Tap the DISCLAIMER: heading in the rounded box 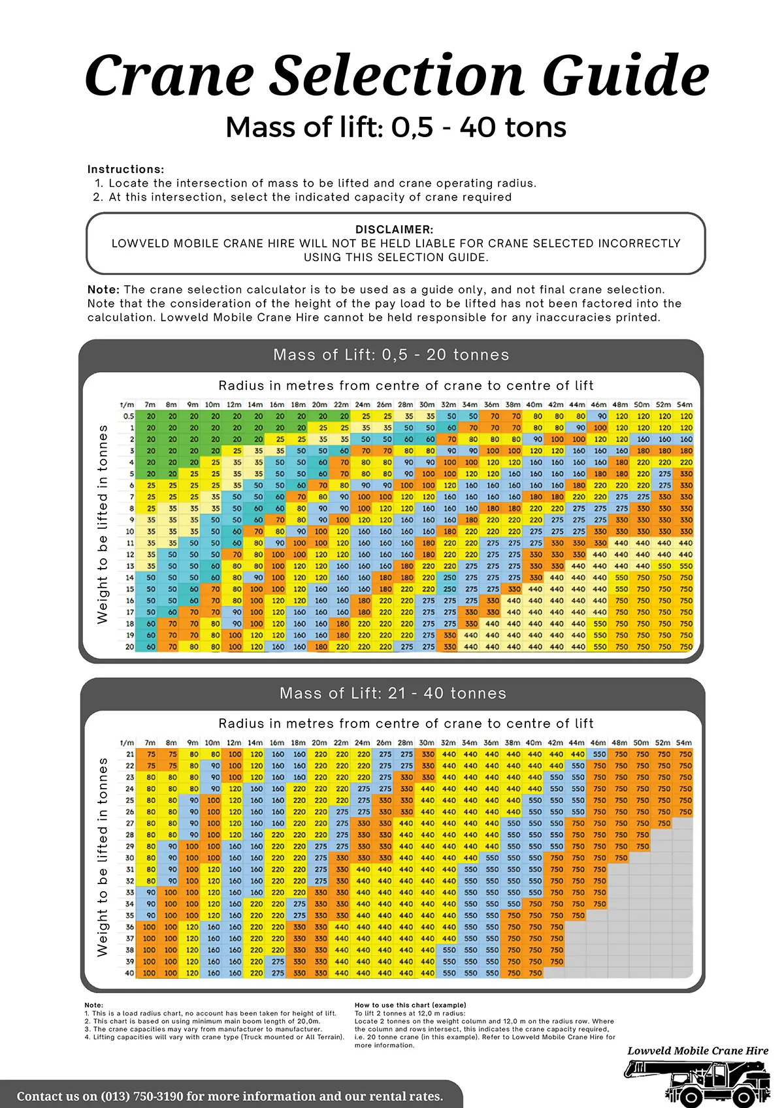point(394,229)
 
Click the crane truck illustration point(697,1083)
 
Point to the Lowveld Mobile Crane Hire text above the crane point(698,1051)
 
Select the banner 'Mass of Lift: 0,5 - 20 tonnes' point(391,355)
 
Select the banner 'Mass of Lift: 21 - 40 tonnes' point(393,693)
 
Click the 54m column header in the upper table point(685,405)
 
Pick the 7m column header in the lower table point(150,742)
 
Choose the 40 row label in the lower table point(129,973)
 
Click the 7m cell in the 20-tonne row point(151,646)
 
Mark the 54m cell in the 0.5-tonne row point(686,416)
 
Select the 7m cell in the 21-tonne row point(151,754)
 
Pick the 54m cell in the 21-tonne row point(685,754)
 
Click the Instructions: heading point(125,169)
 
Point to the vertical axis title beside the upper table point(103,524)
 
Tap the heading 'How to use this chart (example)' point(410,1005)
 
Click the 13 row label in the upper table point(130,566)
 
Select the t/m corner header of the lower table point(127,742)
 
